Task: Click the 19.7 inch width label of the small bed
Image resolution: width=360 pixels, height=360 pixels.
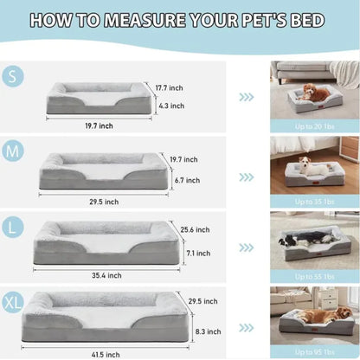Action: point(100,125)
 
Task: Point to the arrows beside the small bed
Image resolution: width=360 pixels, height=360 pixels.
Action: point(247,97)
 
